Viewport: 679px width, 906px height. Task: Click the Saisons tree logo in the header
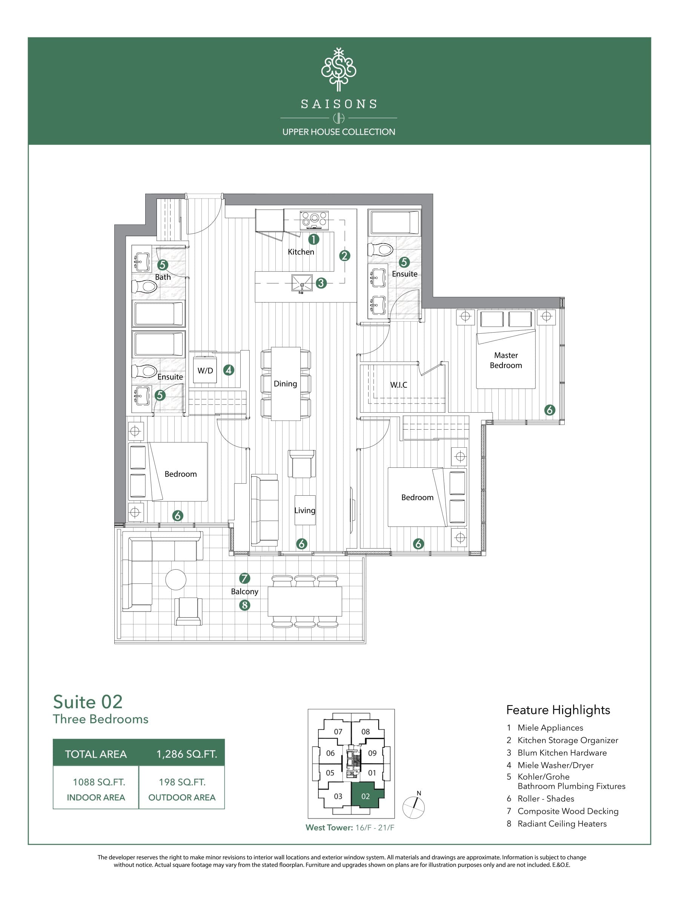[338, 69]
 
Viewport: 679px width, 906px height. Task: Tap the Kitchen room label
[301, 252]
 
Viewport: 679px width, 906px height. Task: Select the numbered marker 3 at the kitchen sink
[321, 283]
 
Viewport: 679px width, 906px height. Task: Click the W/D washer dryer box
[205, 371]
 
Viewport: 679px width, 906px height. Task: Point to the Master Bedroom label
[506, 360]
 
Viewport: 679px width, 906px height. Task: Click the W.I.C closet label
[398, 385]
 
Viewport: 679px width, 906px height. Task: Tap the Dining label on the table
[285, 384]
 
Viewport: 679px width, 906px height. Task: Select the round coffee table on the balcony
[175, 579]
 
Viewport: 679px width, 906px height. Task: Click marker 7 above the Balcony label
[244, 578]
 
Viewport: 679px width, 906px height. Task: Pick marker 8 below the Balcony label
[244, 605]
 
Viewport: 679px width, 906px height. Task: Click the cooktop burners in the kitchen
[314, 220]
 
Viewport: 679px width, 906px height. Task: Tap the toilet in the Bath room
[144, 286]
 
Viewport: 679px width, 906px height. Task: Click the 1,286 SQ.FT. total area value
[187, 754]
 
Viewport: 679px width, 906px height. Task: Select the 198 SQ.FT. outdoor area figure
[182, 782]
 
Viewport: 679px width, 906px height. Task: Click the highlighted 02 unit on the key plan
[366, 796]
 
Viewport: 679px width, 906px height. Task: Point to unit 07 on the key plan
[338, 732]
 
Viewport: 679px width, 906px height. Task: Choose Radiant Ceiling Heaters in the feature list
[562, 824]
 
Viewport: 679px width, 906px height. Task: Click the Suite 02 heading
[88, 702]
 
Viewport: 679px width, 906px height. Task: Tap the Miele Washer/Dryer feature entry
[555, 765]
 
